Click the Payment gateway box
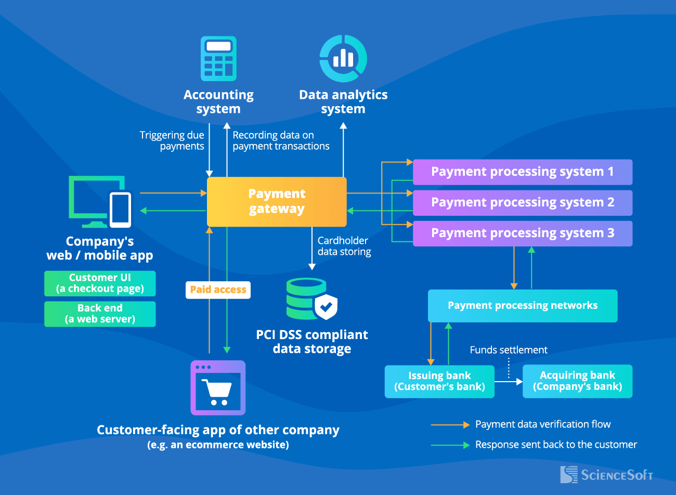[277, 202]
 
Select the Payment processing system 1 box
[522, 172]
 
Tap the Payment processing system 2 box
[522, 203]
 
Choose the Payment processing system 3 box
[522, 233]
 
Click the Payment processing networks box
[522, 306]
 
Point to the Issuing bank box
[439, 381]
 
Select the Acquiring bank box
[577, 381]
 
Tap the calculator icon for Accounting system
[218, 58]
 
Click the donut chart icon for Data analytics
[343, 58]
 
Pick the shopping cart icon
[218, 388]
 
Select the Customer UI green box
[100, 283]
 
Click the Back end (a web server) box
[100, 314]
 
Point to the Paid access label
[218, 290]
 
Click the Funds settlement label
[508, 350]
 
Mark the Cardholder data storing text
[344, 246]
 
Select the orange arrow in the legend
[450, 425]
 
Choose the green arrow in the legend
[450, 445]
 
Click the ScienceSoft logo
[606, 475]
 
